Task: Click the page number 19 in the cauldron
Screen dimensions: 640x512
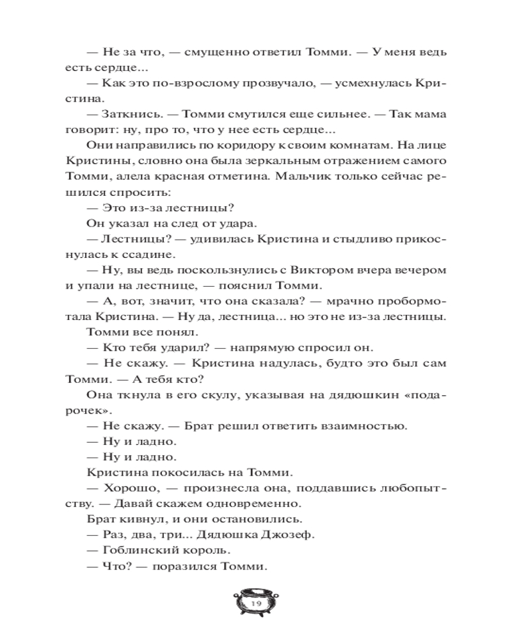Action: [257, 604]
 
